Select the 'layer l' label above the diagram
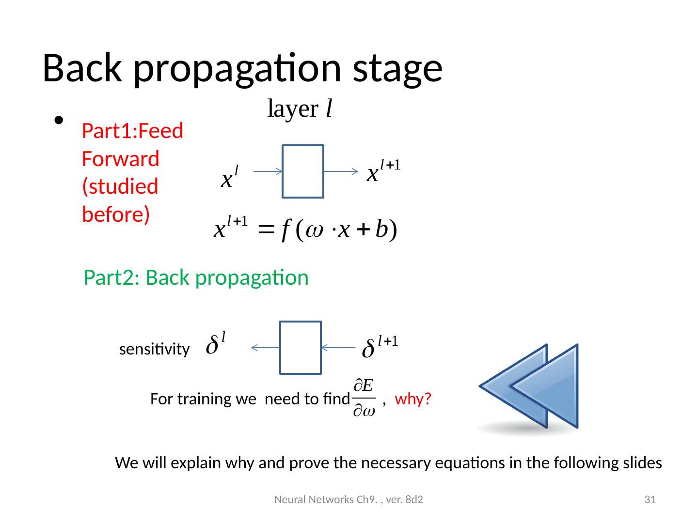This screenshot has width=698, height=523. click(300, 109)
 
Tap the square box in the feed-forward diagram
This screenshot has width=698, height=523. click(302, 171)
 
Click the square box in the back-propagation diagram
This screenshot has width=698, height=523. click(301, 348)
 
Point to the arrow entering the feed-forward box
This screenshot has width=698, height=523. click(268, 171)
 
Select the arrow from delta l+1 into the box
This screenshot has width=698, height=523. click(338, 347)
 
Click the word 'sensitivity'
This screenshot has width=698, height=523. click(154, 350)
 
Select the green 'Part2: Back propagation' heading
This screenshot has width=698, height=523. click(196, 278)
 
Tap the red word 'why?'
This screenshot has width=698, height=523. click(413, 400)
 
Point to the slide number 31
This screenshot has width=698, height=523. click(650, 500)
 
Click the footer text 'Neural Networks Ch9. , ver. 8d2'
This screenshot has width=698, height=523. click(349, 500)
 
